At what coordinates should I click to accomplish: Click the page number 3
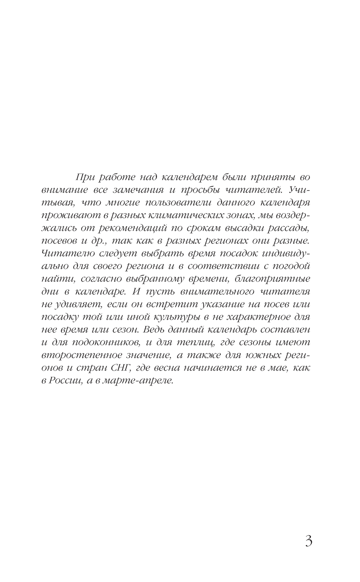pos(309,542)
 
